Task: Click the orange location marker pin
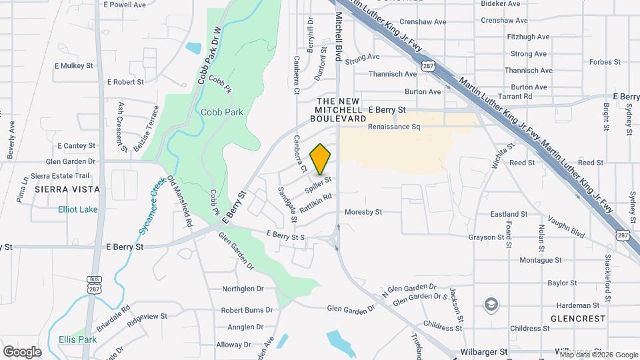tap(321, 159)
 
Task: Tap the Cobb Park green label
tap(222, 113)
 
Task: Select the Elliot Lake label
tap(78, 209)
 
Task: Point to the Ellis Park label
tap(77, 339)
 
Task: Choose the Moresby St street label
tap(363, 213)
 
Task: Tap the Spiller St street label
tap(319, 184)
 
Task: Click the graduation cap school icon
tap(491, 305)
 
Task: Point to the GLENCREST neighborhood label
tap(577, 319)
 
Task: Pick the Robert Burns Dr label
tap(247, 310)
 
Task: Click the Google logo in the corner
tap(22, 351)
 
